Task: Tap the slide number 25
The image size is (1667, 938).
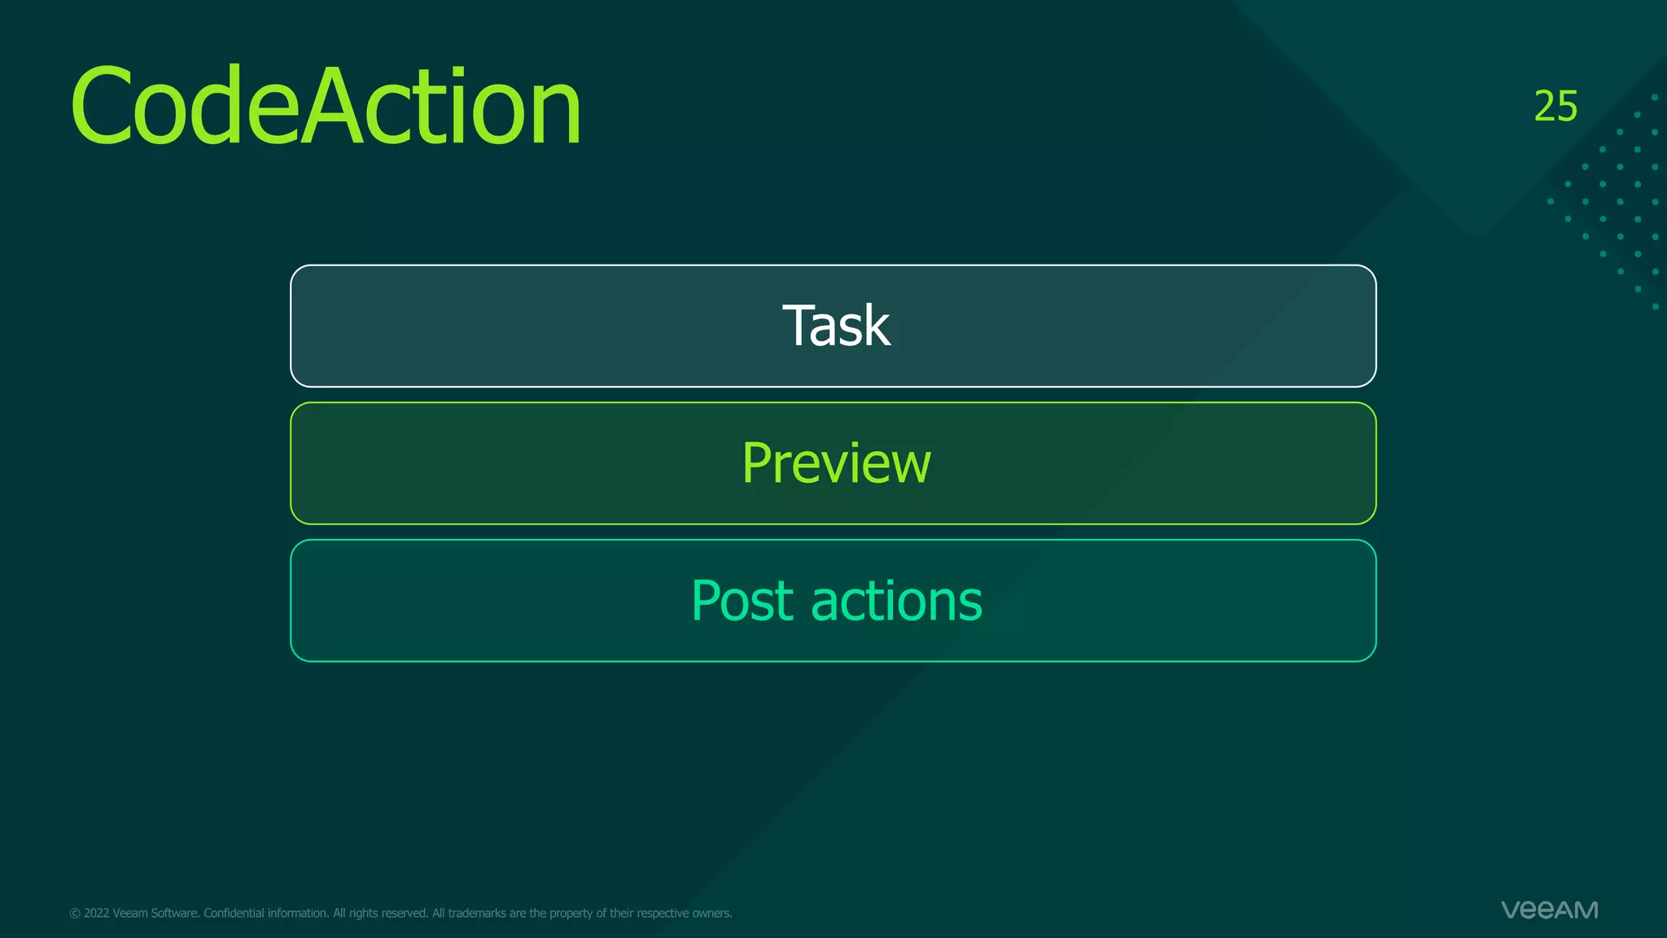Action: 1555,107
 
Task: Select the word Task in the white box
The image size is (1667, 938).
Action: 836,326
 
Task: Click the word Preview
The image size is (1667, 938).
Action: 836,463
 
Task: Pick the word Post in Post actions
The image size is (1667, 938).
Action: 742,601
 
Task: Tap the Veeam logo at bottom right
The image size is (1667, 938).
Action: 1549,910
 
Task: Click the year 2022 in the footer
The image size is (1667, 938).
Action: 96,914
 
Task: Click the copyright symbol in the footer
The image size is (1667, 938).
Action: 75,914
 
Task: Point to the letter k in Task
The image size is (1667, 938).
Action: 876,326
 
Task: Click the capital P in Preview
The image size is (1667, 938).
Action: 757,463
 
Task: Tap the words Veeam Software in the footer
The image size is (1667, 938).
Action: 155,914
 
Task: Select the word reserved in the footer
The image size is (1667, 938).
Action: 405,914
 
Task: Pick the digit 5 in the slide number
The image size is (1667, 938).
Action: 1567,107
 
